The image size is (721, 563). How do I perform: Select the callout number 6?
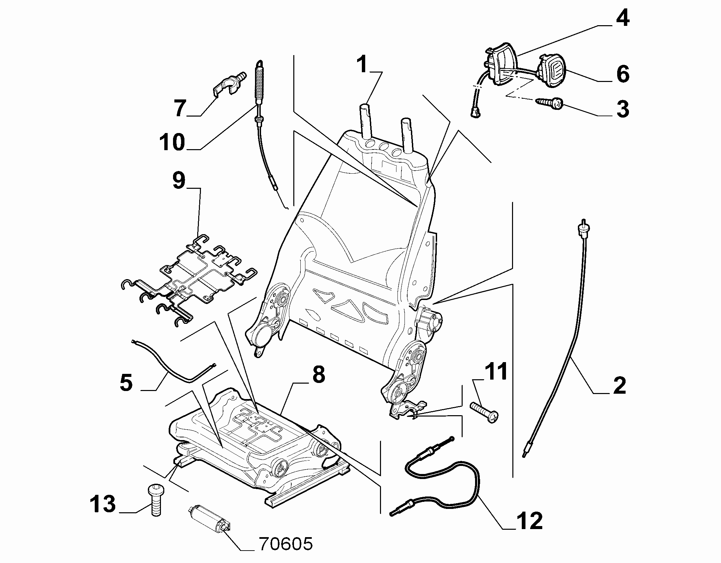[x=623, y=74]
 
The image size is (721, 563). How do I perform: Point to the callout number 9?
[x=179, y=181]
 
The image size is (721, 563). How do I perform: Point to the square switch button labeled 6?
[x=552, y=71]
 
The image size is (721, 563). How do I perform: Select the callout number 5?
[x=126, y=383]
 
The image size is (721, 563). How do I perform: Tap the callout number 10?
[x=172, y=142]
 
